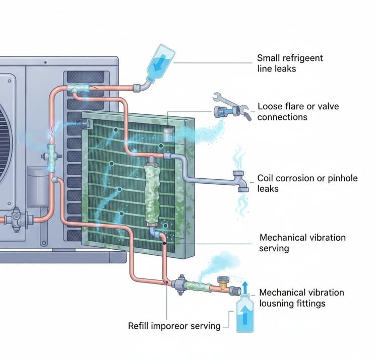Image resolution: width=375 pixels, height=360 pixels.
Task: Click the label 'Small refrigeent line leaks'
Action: pos(289,63)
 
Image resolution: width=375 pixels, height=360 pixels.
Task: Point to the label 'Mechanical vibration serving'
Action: pos(302,243)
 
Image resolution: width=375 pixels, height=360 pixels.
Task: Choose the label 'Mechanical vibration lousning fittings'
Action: pos(301,298)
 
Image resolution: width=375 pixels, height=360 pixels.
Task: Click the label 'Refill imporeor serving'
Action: pos(174,326)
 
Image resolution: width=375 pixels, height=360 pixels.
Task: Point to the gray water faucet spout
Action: pos(241,183)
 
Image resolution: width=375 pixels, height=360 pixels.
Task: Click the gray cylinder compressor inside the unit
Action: pos(35,184)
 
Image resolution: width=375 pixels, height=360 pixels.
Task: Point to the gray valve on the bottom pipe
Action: pos(179,285)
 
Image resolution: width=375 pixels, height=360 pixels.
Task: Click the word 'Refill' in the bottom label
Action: pos(139,326)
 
